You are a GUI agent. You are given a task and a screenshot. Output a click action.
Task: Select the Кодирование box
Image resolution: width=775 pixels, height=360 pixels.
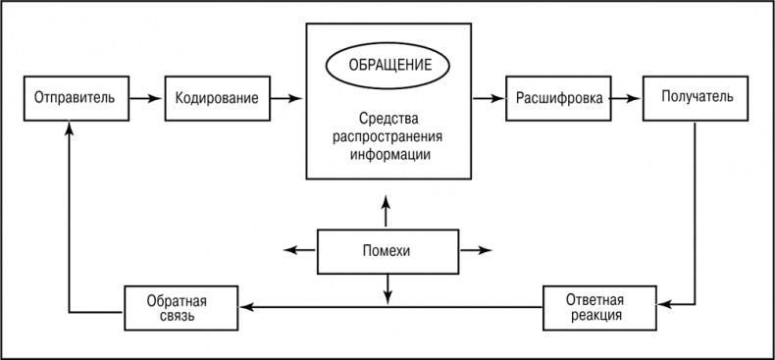[218, 98]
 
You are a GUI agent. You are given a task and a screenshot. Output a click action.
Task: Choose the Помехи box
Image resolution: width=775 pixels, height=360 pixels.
[388, 251]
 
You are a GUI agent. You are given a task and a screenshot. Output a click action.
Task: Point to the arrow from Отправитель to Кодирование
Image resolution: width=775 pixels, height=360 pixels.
[146, 98]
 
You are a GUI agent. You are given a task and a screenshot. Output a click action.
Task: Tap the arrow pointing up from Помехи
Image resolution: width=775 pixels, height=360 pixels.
[388, 208]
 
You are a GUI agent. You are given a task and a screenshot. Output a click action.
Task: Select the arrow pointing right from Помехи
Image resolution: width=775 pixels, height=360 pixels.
[478, 251]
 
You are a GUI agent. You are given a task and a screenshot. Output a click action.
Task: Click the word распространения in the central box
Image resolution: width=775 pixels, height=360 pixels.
[389, 137]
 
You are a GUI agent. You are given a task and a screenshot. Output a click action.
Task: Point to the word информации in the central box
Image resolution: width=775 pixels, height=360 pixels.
[389, 154]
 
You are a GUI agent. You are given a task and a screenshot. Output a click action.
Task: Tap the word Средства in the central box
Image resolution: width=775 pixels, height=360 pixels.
[389, 120]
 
